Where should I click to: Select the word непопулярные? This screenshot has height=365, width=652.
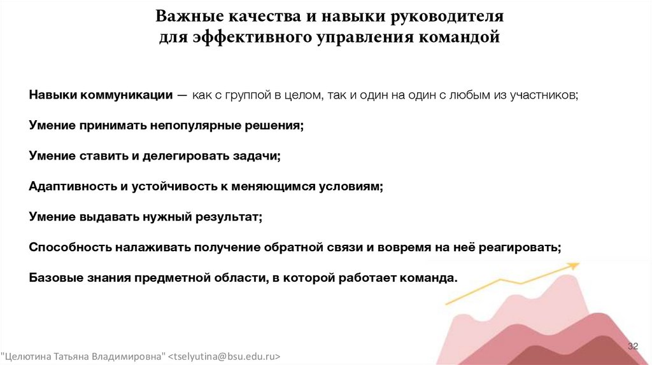(x=195, y=126)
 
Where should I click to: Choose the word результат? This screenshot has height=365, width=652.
(x=229, y=217)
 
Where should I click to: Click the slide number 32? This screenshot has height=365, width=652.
(x=633, y=346)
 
